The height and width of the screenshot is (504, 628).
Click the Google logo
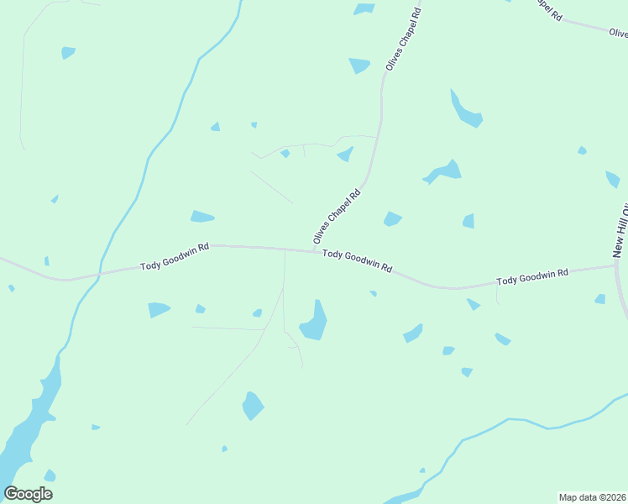(x=28, y=494)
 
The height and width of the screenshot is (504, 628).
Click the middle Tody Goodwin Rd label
(x=358, y=260)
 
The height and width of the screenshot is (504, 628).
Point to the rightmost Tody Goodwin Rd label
(x=532, y=277)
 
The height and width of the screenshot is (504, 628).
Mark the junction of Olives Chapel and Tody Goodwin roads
(x=314, y=250)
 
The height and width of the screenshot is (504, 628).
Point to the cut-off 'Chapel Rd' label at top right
(x=547, y=10)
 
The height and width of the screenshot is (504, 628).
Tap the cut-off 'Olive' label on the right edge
(x=619, y=33)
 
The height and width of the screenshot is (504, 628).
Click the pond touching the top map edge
(x=364, y=8)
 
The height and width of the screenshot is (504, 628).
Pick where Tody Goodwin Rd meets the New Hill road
(x=617, y=266)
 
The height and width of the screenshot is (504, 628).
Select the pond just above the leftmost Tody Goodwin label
(x=201, y=217)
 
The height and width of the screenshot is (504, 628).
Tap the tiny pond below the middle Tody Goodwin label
(x=373, y=293)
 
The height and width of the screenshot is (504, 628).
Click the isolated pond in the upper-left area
(x=68, y=52)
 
